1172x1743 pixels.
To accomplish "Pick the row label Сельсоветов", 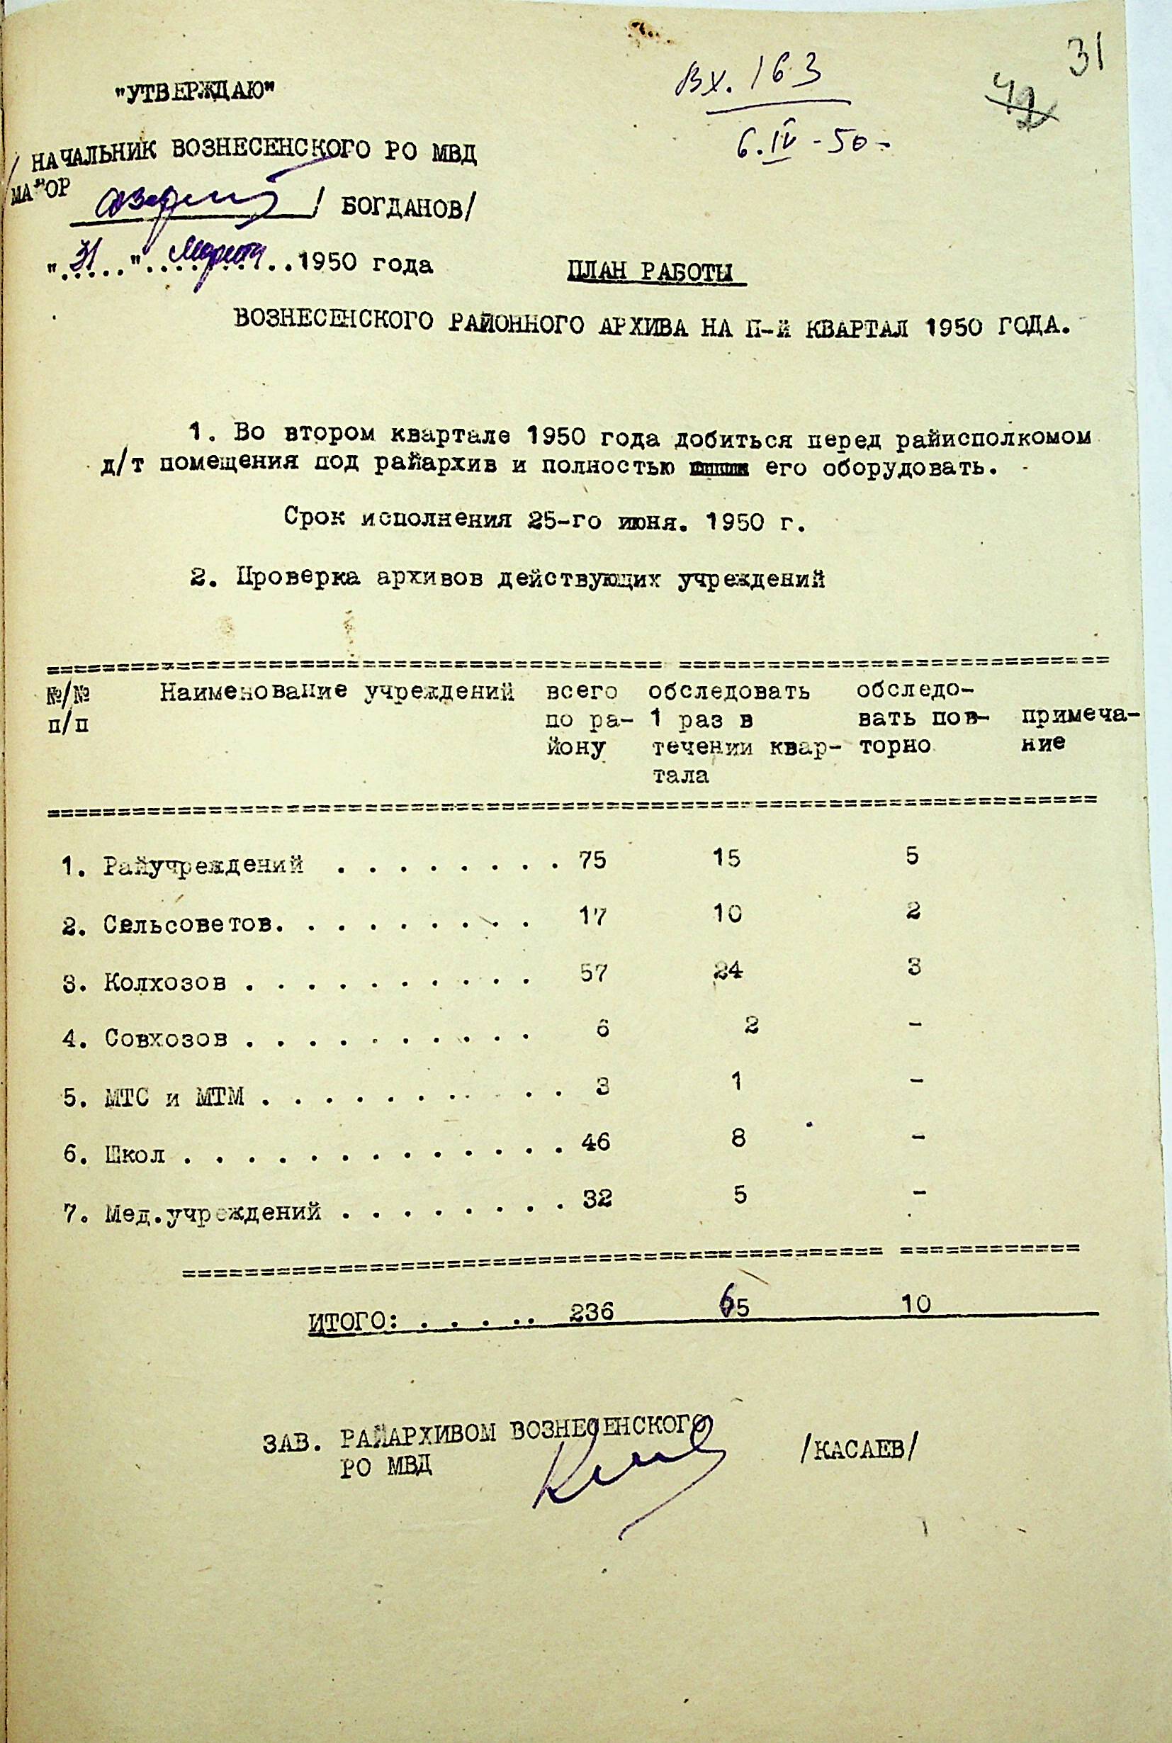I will pyautogui.click(x=193, y=925).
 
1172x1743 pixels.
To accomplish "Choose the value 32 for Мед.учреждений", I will pyautogui.click(x=597, y=1199).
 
